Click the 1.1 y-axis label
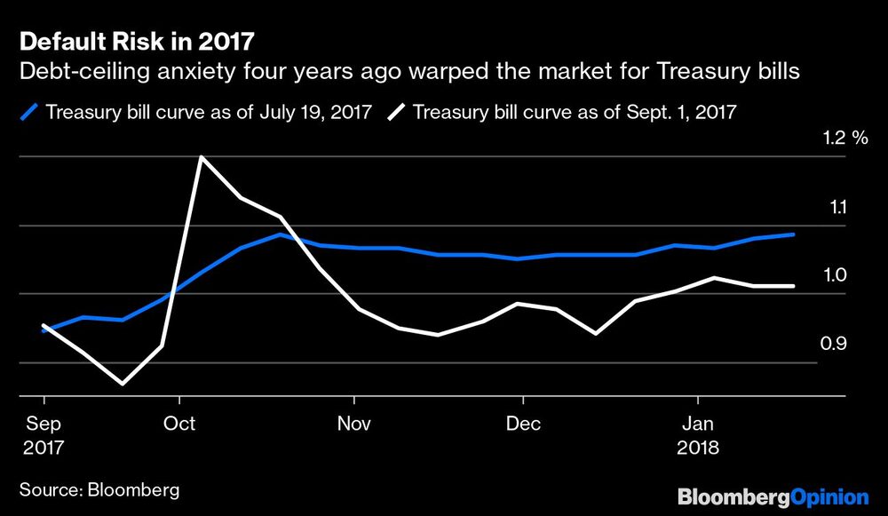pos(836,207)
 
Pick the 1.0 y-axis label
pos(836,275)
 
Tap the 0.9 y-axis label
pos(836,344)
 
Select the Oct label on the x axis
pos(179,423)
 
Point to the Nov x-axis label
pos(353,423)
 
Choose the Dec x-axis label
pos(525,423)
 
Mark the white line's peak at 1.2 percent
pos(202,157)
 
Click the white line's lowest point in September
pos(122,385)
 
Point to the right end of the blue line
pos(793,234)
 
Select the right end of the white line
pos(793,286)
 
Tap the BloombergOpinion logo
pos(773,496)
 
